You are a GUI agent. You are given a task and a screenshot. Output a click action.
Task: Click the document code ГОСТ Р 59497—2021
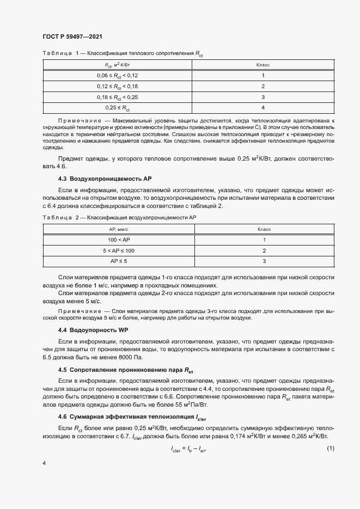coord(72,36)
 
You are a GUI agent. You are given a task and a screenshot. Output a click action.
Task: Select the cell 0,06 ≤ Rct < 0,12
coord(118,75)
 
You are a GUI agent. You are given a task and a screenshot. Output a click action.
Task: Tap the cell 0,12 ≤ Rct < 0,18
coord(118,86)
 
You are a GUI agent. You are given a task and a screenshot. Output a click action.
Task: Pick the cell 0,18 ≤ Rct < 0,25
coord(118,97)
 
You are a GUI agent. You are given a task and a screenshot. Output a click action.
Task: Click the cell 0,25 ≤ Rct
coord(118,108)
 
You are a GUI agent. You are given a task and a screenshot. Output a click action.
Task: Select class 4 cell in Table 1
coord(263,108)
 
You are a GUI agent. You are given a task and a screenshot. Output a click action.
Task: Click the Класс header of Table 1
coord(263,65)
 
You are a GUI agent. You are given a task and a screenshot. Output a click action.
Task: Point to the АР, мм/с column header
coord(118,229)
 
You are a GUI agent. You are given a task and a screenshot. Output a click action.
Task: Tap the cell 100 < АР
coord(118,240)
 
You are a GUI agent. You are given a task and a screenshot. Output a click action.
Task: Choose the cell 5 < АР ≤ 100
coord(118,250)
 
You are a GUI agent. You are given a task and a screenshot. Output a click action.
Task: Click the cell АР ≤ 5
coord(118,261)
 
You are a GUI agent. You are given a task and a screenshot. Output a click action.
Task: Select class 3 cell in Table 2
coord(263,261)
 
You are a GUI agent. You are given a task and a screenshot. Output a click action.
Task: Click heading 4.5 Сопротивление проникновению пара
coord(126,370)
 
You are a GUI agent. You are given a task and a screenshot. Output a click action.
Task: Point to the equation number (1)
coord(330,448)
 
